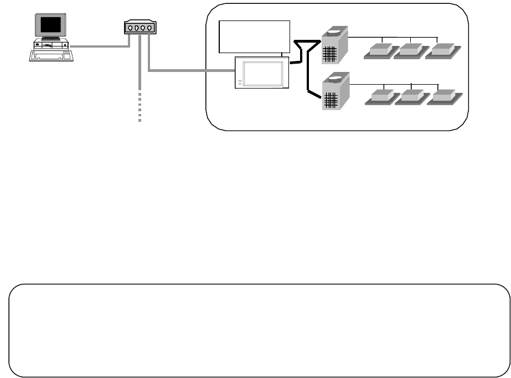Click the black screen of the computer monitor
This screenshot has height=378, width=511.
51,25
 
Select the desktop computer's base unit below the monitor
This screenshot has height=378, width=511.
50,44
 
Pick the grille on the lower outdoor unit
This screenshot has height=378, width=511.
331,100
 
